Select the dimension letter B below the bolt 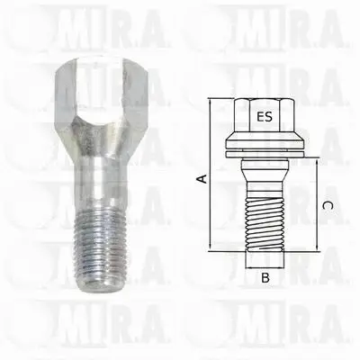(265, 278)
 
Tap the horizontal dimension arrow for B (265, 266)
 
